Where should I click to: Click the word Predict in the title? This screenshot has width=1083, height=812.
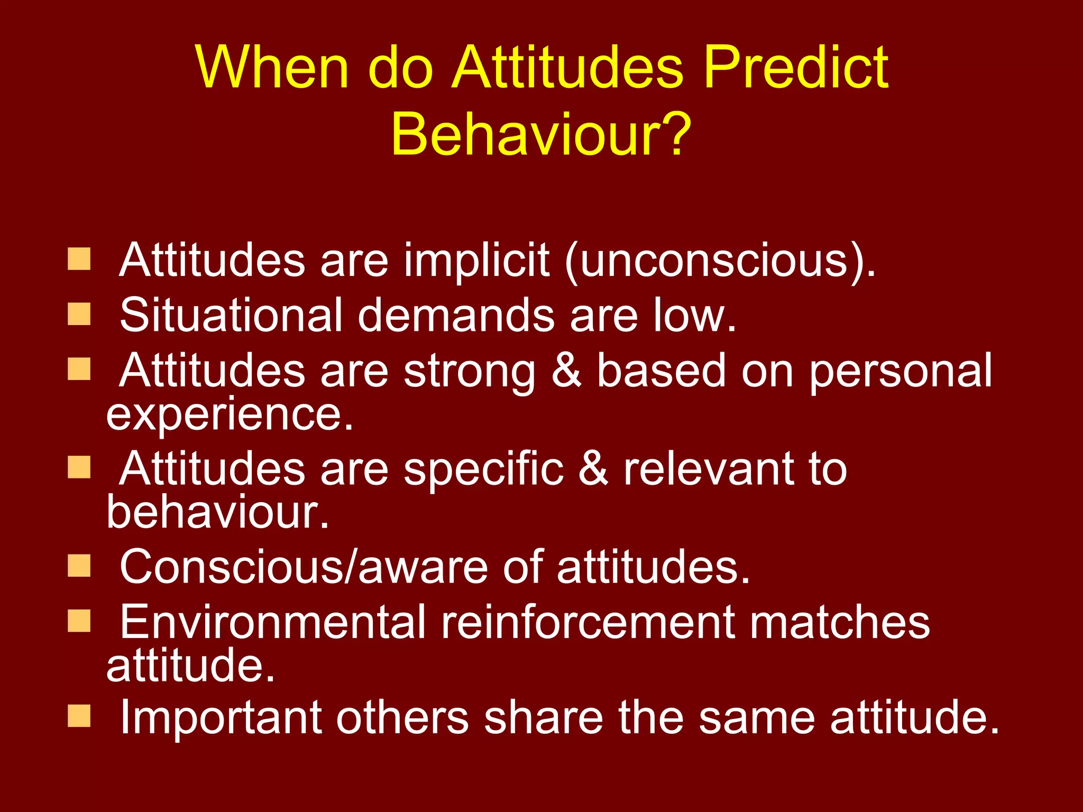(x=796, y=68)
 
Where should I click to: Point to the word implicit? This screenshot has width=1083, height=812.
(x=476, y=260)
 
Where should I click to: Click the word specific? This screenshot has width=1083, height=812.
(x=484, y=469)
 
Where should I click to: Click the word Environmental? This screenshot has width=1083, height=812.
(x=272, y=622)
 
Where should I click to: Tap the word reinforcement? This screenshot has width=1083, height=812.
(x=587, y=622)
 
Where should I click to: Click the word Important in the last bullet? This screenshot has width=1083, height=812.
(x=221, y=718)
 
